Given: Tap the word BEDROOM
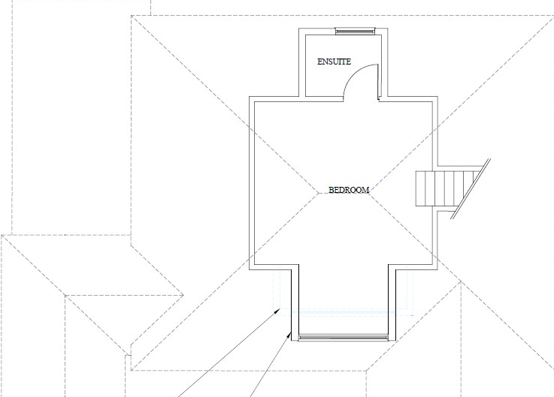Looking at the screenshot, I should point(349,190).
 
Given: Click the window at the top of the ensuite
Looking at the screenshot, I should point(354,31).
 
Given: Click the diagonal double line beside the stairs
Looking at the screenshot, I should point(472,188).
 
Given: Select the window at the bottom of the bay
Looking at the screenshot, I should point(343,337).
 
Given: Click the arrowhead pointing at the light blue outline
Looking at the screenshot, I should point(280,309).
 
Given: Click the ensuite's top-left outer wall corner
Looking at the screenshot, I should point(304,29).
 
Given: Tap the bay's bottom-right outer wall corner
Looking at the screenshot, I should point(392,341).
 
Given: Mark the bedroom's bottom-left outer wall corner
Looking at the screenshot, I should point(250,269).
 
